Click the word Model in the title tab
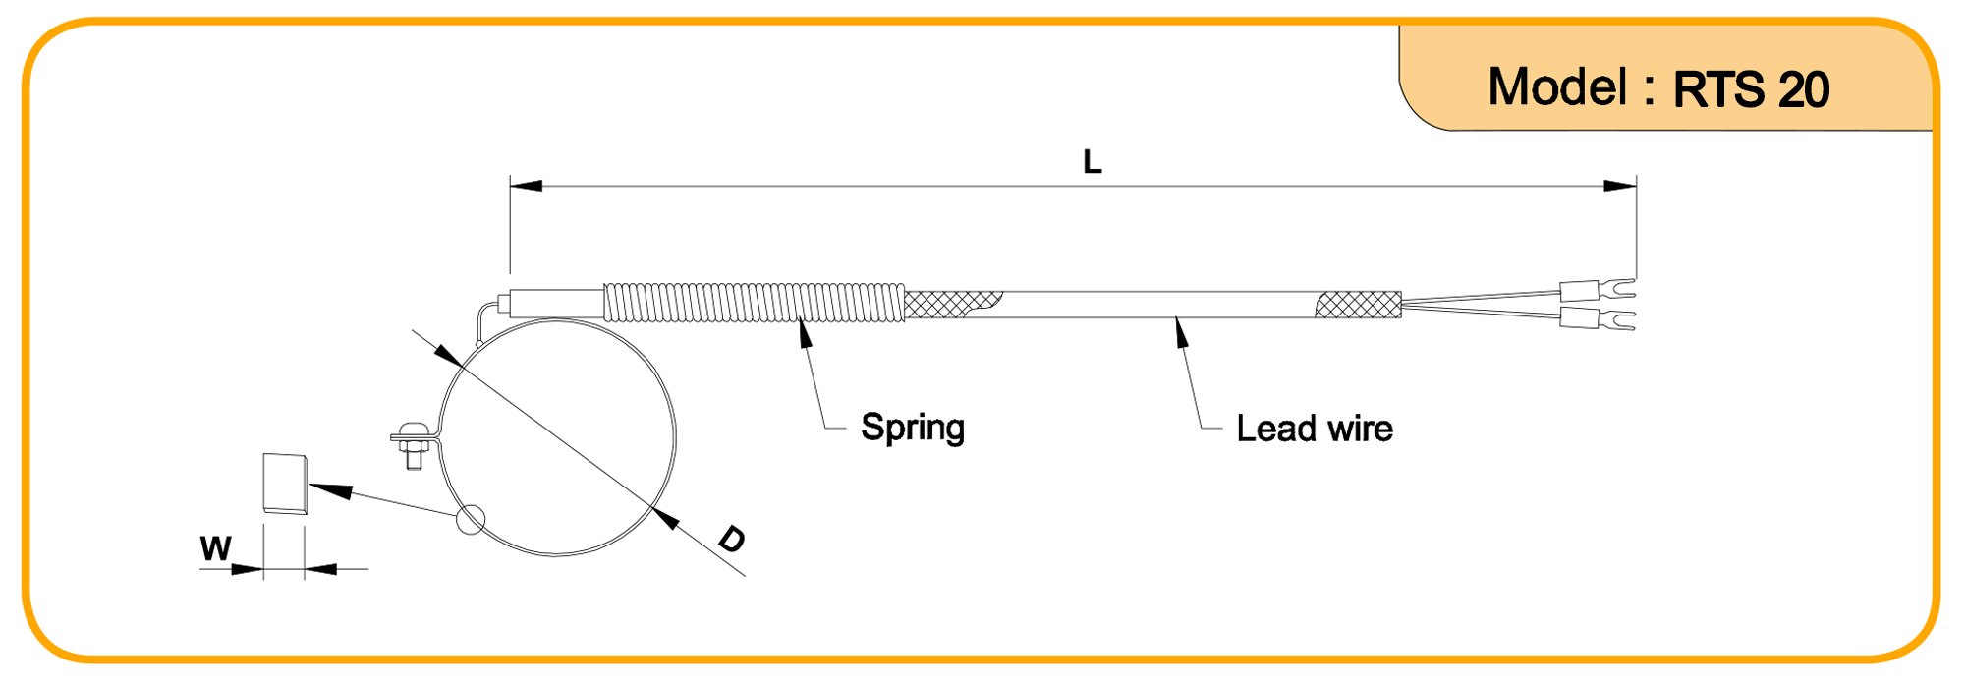point(1557,87)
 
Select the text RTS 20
point(1751,90)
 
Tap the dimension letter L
point(1092,162)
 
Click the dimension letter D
point(732,539)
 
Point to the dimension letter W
point(215,548)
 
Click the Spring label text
point(912,428)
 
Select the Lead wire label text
point(1314,429)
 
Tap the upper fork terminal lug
point(1598,290)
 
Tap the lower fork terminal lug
point(1598,318)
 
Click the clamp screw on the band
point(413,446)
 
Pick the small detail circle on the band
point(471,520)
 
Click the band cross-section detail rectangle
point(285,484)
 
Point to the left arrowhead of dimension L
point(526,186)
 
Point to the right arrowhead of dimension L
point(1620,186)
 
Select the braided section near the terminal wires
point(1359,305)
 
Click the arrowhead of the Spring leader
point(805,334)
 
